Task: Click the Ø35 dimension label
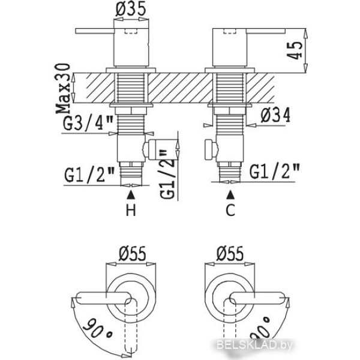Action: coord(131,9)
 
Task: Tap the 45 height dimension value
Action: coord(295,50)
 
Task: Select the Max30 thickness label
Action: coord(62,89)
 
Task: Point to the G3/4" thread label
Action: coord(88,123)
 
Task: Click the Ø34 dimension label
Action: coord(275,115)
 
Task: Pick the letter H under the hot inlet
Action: coord(131,209)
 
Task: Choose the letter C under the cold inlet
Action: coord(230,209)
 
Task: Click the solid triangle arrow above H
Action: coord(131,194)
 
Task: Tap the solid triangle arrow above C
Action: coord(230,195)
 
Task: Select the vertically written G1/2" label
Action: coord(167,174)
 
